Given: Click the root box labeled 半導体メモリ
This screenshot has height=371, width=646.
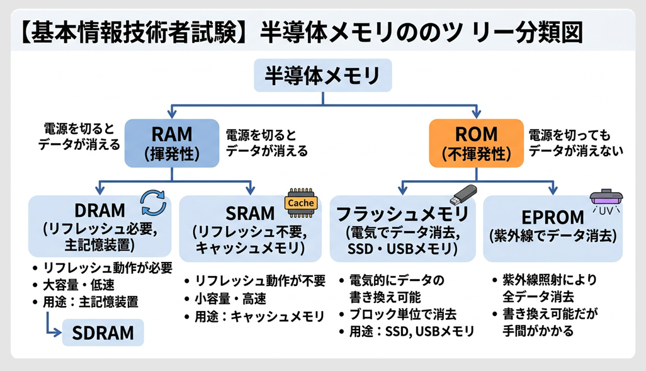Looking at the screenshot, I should [322, 77].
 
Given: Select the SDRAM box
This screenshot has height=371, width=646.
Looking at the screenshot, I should [103, 333].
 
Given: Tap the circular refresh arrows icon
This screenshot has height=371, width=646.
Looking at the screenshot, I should [154, 202].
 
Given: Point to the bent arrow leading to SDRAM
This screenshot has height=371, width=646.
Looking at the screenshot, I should [50, 324].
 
